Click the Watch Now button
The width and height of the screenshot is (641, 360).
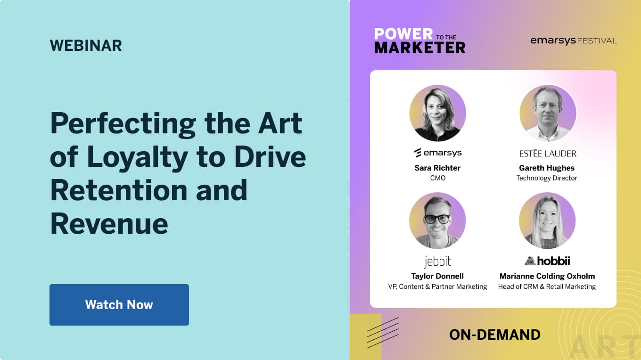[x=119, y=304]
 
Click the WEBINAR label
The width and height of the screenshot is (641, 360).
[x=86, y=46]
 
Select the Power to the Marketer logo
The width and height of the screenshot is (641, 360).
[x=419, y=41]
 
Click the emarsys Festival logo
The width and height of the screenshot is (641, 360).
[x=573, y=41]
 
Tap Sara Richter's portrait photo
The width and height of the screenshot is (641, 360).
[x=437, y=113]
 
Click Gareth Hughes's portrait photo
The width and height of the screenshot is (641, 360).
[x=547, y=113]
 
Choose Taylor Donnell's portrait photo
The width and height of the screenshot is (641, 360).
[x=437, y=221]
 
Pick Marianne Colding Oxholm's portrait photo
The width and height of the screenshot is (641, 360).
[x=547, y=221]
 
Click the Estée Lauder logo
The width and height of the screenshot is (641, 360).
[x=547, y=154]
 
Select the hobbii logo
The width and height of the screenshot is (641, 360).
[x=547, y=261]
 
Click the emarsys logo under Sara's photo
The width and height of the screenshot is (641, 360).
[x=437, y=153]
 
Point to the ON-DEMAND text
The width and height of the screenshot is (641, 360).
[x=494, y=335]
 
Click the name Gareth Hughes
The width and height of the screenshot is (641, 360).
[x=547, y=168]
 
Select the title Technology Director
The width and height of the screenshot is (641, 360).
[x=547, y=178]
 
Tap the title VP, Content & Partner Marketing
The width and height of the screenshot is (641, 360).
[x=437, y=286]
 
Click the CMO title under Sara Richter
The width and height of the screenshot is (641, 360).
[x=437, y=178]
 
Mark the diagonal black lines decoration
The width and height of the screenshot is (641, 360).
[x=383, y=332]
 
